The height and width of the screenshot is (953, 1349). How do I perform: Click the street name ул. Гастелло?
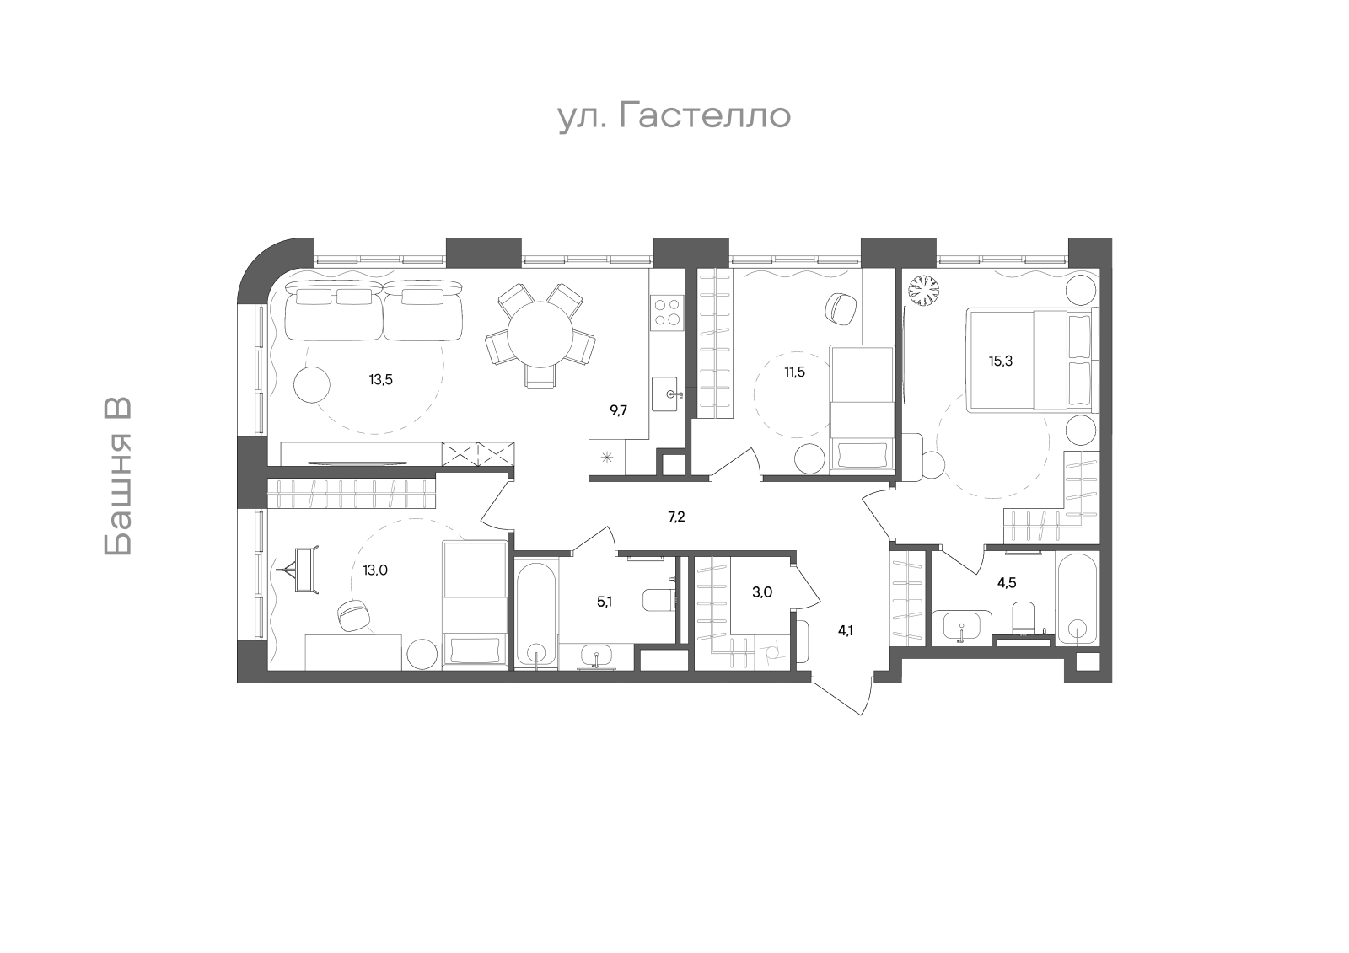(x=674, y=116)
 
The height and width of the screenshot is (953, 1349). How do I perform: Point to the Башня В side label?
(x=118, y=476)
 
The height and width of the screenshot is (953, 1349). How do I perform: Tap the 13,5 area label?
(x=381, y=380)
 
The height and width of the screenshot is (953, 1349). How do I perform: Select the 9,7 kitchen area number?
(x=619, y=411)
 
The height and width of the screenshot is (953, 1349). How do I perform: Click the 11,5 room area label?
(x=794, y=372)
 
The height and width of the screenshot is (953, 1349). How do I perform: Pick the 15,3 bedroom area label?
(x=1000, y=361)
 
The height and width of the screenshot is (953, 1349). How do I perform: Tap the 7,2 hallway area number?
(x=676, y=517)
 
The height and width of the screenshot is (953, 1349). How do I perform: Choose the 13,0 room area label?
(x=375, y=570)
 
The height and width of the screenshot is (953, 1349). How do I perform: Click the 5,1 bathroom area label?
(x=604, y=602)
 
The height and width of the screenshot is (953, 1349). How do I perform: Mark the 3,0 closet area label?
(x=762, y=592)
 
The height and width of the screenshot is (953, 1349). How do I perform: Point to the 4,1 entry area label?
(x=845, y=631)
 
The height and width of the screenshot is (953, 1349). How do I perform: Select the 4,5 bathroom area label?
(x=1007, y=583)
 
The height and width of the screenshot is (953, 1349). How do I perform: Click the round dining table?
(x=540, y=335)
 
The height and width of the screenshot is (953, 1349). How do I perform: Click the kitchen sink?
(x=667, y=394)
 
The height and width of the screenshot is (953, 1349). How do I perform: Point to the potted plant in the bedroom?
(x=924, y=292)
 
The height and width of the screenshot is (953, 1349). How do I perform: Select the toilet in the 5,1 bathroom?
(x=658, y=600)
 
